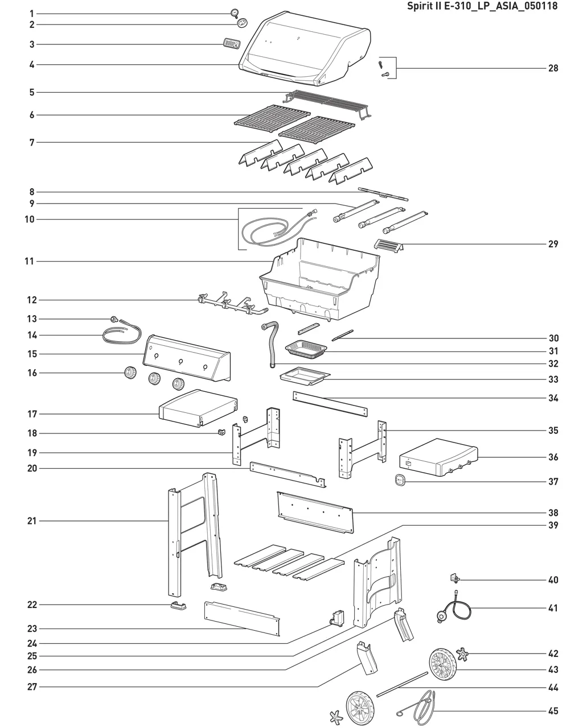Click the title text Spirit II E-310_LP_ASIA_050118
[x=482, y=6]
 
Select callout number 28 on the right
[x=553, y=68]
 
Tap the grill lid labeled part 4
[x=305, y=51]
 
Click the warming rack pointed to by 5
[x=327, y=102]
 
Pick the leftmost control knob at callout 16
[x=131, y=374]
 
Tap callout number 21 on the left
[x=32, y=521]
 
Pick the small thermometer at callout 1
[x=235, y=13]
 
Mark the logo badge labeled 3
[x=231, y=44]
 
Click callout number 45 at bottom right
[x=553, y=711]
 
